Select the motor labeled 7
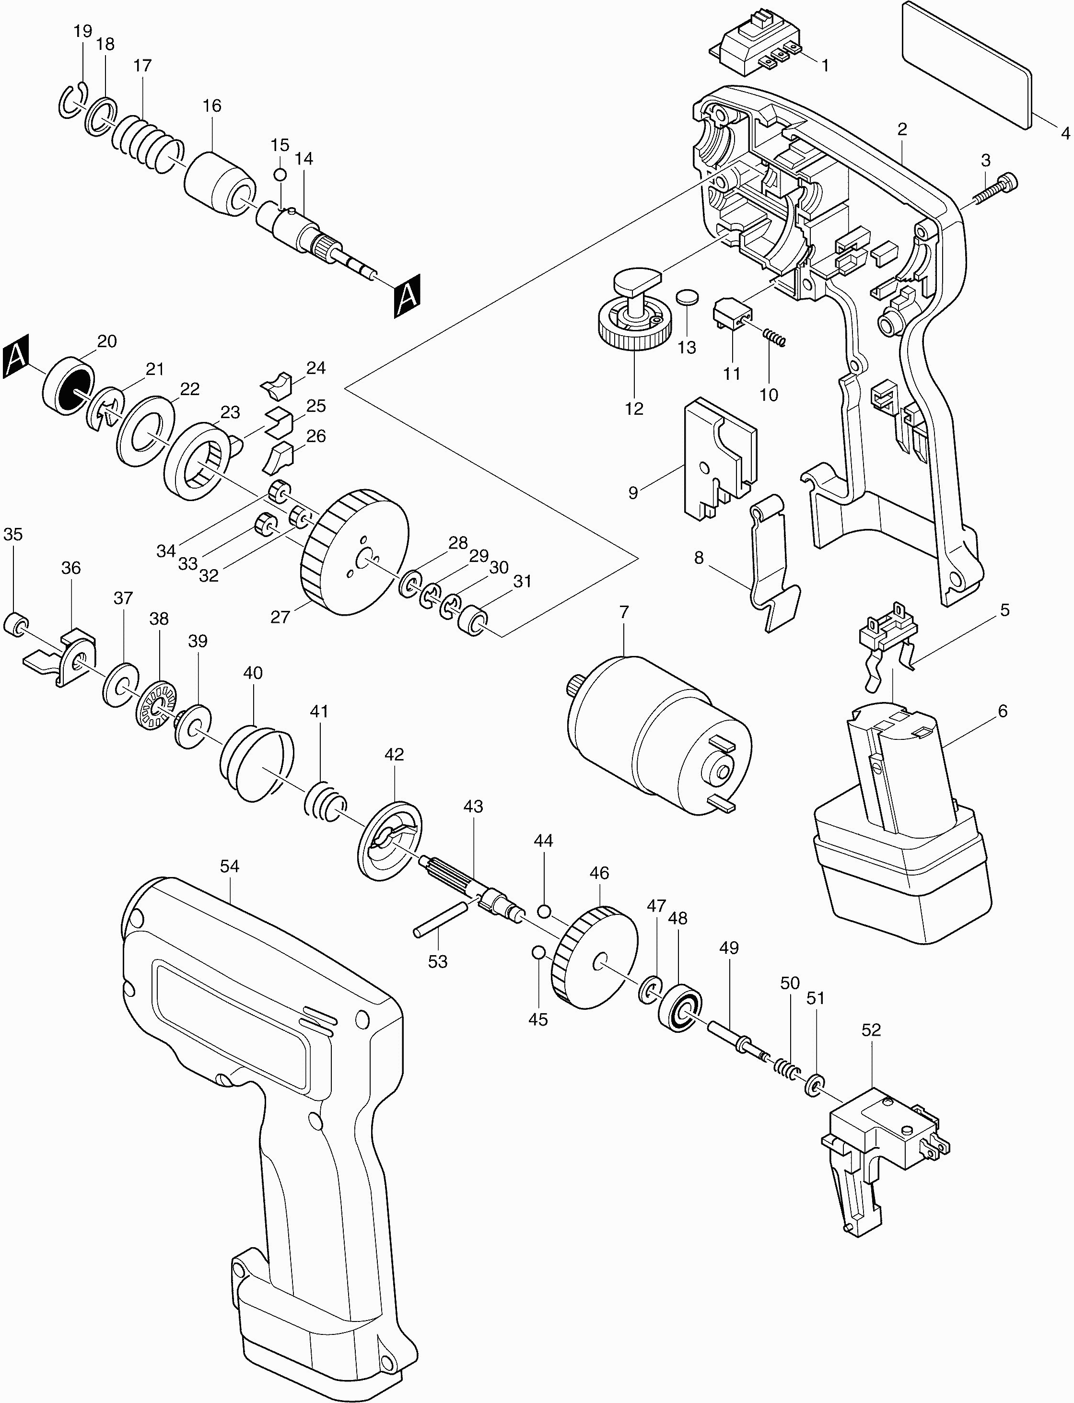(x=658, y=735)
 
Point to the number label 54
(x=230, y=866)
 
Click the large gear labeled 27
(x=353, y=553)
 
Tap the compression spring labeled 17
(x=146, y=144)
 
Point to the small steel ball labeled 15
(x=280, y=175)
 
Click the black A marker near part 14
(x=407, y=295)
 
